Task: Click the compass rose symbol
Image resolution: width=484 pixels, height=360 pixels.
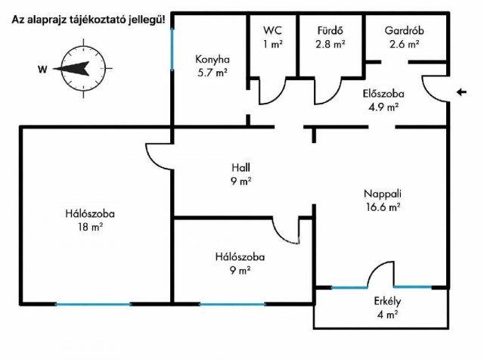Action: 74,70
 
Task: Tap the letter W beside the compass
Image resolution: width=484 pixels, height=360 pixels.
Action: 42,70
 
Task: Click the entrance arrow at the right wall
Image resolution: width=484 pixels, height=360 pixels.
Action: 461,92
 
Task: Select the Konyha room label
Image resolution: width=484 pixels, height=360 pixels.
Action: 212,59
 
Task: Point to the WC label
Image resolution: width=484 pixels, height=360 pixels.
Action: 272,30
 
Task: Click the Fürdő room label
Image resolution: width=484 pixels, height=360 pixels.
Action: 331,30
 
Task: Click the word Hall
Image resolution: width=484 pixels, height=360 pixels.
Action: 241,167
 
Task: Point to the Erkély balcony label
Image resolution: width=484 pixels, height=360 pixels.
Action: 386,301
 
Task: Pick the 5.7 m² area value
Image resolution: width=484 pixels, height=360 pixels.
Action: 212,73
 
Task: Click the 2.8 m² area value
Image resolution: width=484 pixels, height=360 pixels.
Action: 331,44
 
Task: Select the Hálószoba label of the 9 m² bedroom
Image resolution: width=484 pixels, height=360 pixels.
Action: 240,256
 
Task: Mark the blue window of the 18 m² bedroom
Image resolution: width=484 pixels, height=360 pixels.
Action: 92,304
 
